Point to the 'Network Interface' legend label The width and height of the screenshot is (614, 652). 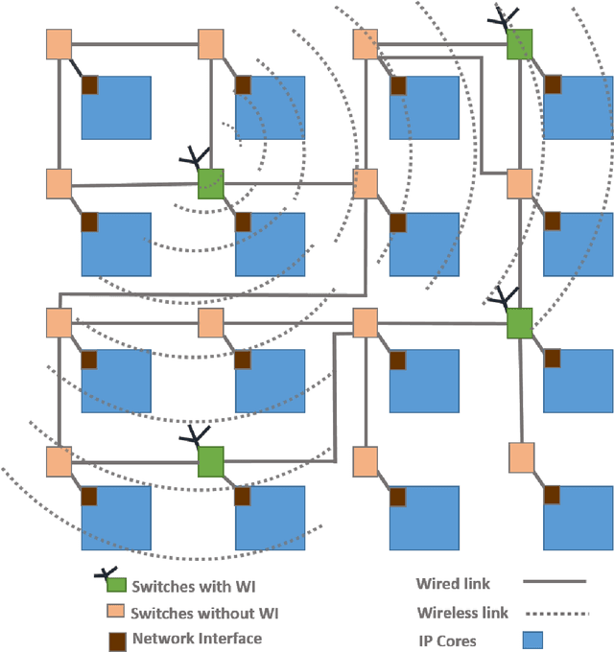pyautogui.click(x=197, y=638)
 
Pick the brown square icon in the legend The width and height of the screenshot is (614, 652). pyautogui.click(x=116, y=638)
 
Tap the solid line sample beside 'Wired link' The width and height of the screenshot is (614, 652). pyautogui.click(x=554, y=582)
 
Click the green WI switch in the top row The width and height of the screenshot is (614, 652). pyautogui.click(x=519, y=43)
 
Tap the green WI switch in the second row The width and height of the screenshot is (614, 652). pyautogui.click(x=211, y=183)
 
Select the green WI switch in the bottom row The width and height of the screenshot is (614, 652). pyautogui.click(x=211, y=461)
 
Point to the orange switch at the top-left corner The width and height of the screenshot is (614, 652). pyautogui.click(x=59, y=44)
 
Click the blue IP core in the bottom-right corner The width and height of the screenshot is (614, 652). pyautogui.click(x=578, y=518)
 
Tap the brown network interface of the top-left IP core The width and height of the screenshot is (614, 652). pyautogui.click(x=89, y=85)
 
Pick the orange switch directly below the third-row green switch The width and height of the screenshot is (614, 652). pyautogui.click(x=520, y=456)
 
